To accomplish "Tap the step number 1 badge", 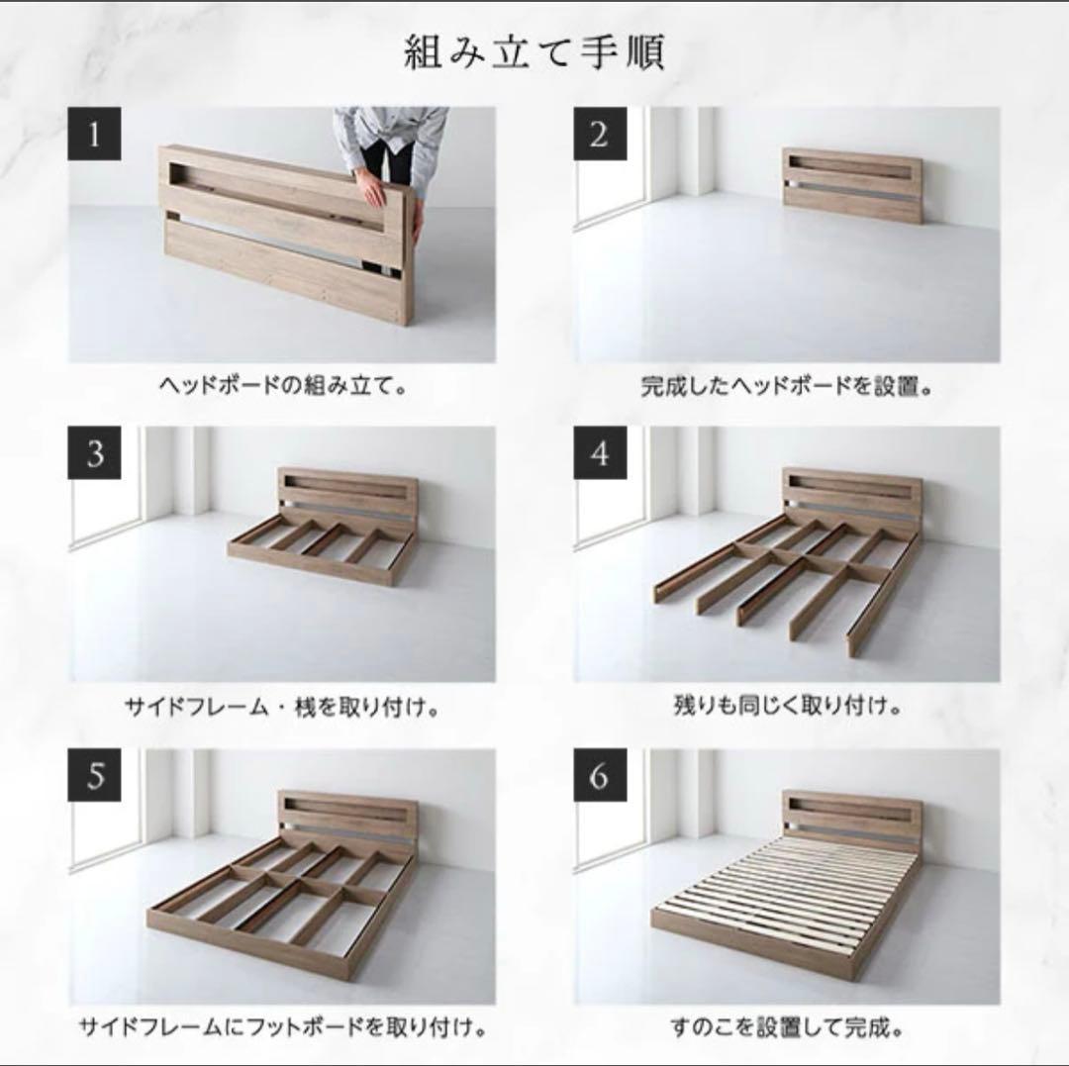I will (x=94, y=134).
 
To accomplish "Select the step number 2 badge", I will (x=598, y=134).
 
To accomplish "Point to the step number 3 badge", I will (x=94, y=454).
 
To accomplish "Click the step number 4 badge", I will (x=598, y=454).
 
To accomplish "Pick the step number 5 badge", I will (x=94, y=775).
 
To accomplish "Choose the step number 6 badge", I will (x=598, y=775).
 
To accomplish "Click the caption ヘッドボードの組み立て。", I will (x=282, y=386).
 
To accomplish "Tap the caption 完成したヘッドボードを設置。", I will (x=787, y=386).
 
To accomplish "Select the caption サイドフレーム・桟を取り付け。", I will (x=282, y=708).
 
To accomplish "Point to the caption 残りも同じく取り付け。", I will (x=787, y=708).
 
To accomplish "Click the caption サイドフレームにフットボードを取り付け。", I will (x=282, y=1027).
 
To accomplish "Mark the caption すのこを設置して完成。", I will (x=787, y=1027).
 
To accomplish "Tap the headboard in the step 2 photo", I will (x=851, y=184).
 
